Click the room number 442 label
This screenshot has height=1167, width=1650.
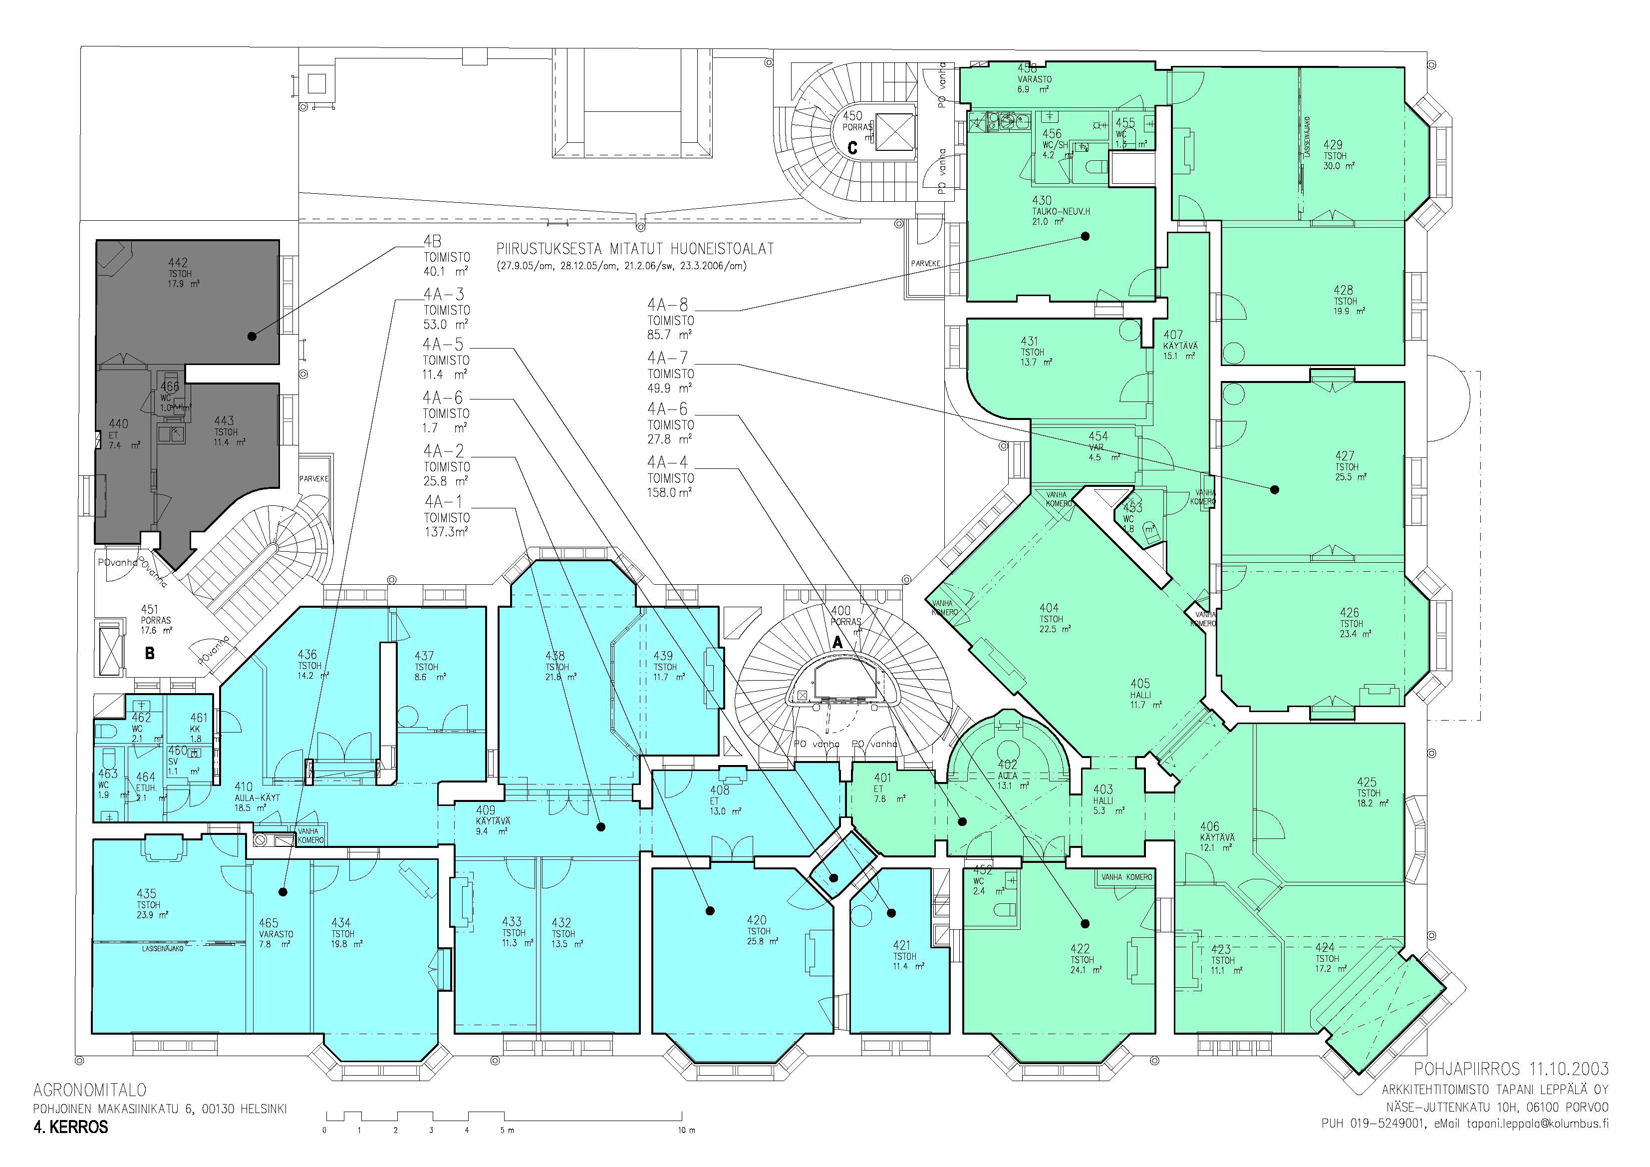click(178, 263)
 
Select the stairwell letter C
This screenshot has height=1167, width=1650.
click(853, 148)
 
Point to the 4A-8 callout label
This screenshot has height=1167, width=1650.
click(668, 305)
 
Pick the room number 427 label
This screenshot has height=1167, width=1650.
click(1345, 456)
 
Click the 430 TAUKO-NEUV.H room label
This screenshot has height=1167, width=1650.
click(1042, 201)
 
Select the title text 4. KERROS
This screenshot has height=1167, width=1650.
click(70, 1128)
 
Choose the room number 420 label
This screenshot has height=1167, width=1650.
click(757, 920)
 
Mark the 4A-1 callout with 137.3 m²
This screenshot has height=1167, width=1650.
click(443, 501)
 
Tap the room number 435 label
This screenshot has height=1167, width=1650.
click(147, 894)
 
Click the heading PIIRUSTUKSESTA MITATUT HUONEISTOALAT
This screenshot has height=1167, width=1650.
click(634, 249)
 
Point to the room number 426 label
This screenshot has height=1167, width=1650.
click(1350, 613)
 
